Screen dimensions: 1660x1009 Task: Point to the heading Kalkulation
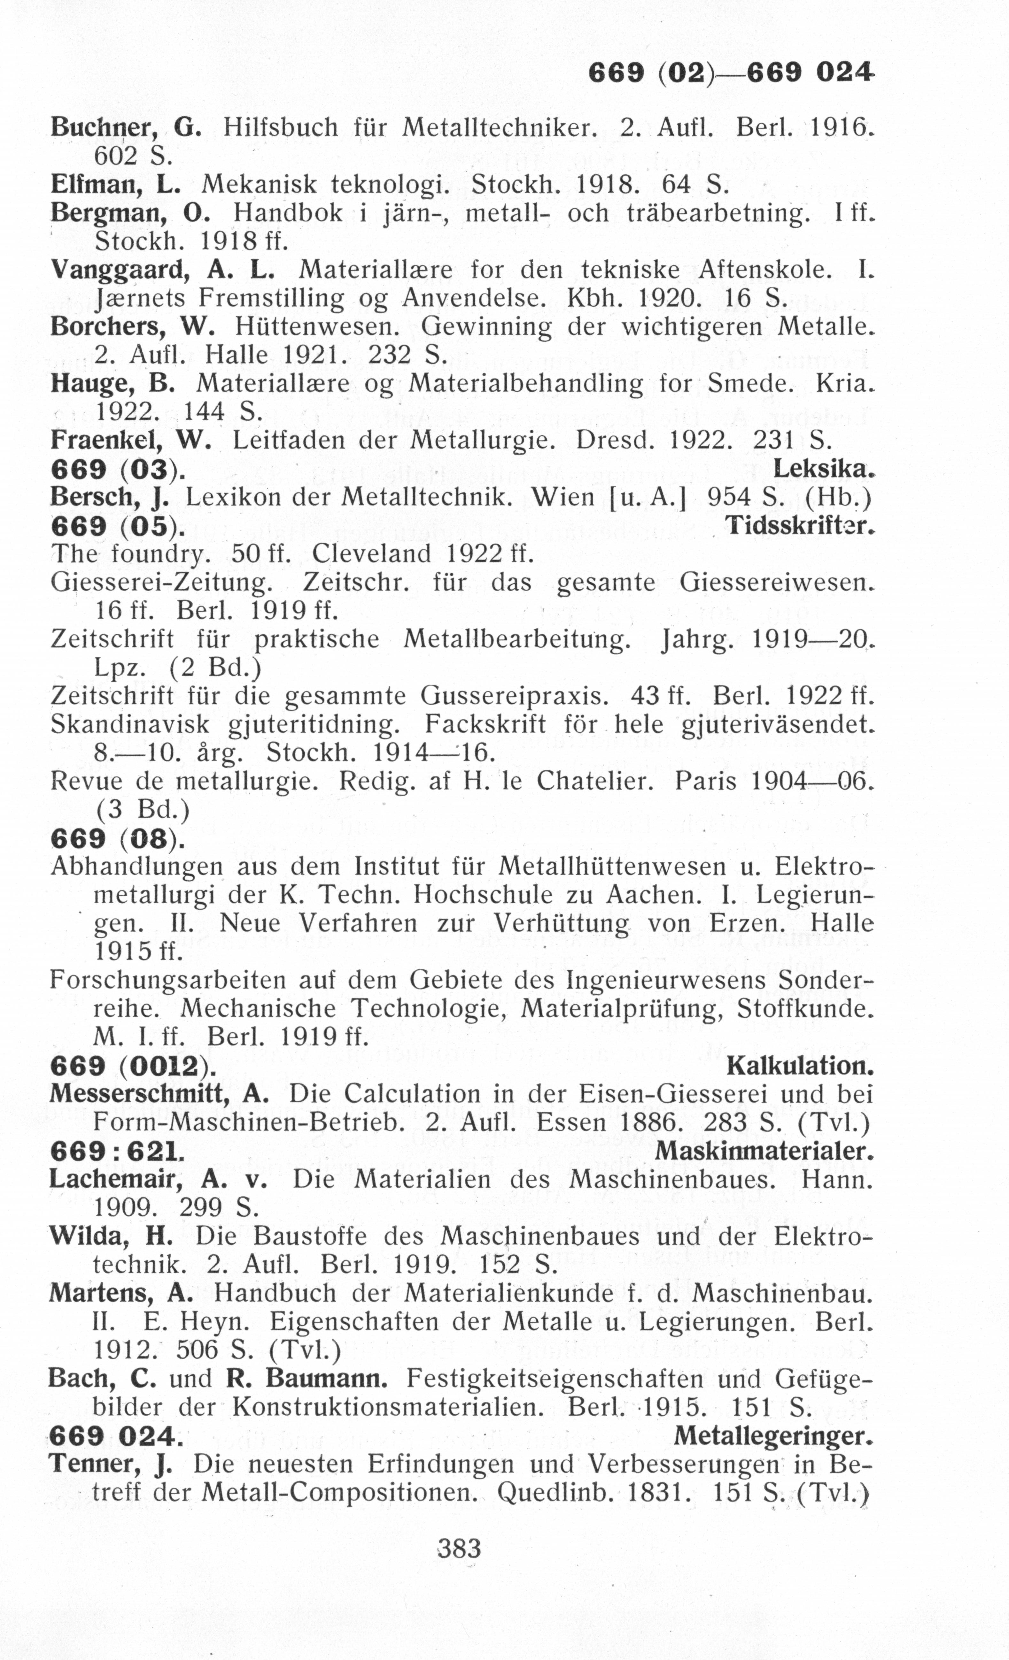[800, 1066]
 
